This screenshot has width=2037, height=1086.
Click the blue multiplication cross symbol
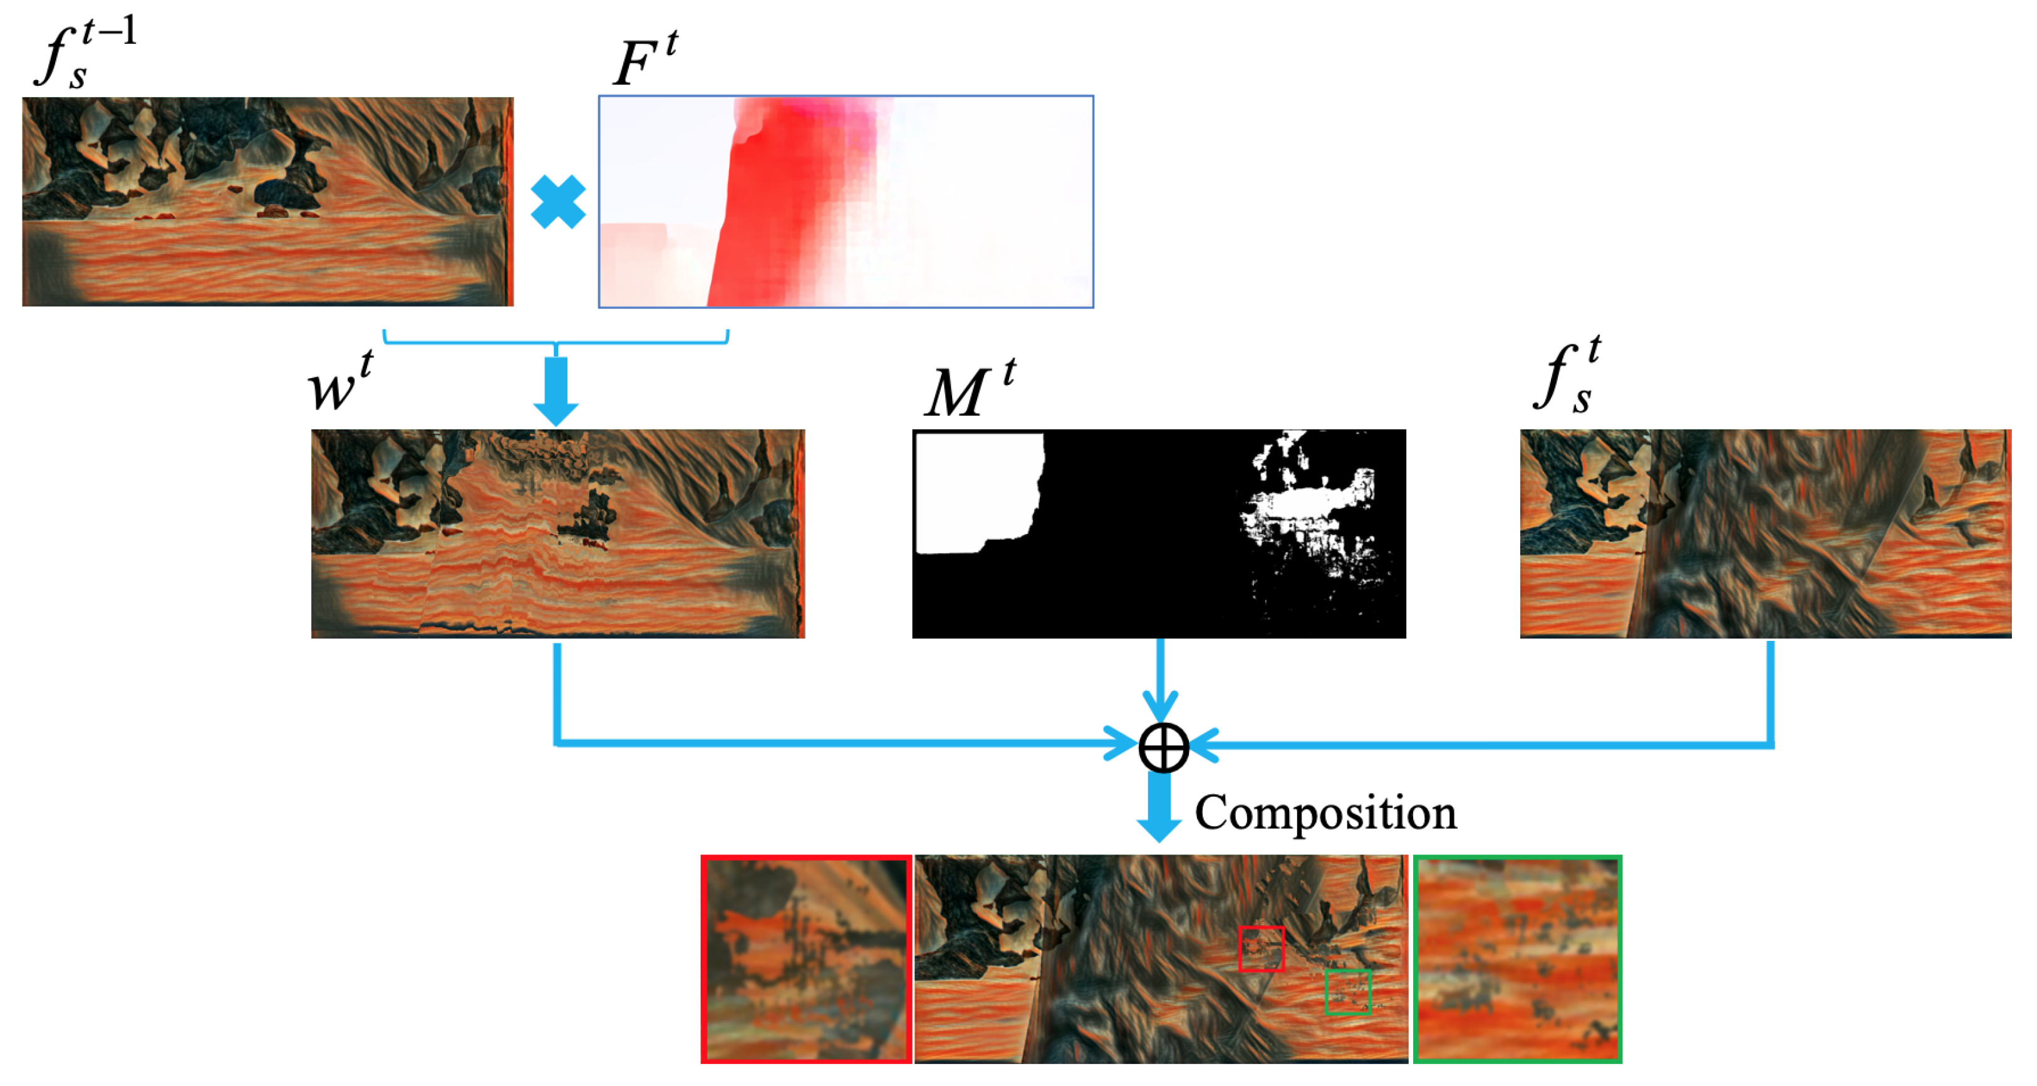pyautogui.click(x=557, y=202)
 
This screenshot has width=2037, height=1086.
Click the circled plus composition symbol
pyautogui.click(x=1163, y=747)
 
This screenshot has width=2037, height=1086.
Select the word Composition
pyautogui.click(x=1325, y=812)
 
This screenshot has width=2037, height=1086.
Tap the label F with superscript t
pyautogui.click(x=645, y=60)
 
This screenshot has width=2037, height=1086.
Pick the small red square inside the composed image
pyautogui.click(x=1262, y=948)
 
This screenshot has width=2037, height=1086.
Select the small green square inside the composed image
pyautogui.click(x=1347, y=992)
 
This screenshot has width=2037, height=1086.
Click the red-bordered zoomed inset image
pyautogui.click(x=806, y=959)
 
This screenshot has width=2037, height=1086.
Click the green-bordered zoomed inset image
pyautogui.click(x=1516, y=959)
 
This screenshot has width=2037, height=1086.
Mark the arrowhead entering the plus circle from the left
pyautogui.click(x=1123, y=744)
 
